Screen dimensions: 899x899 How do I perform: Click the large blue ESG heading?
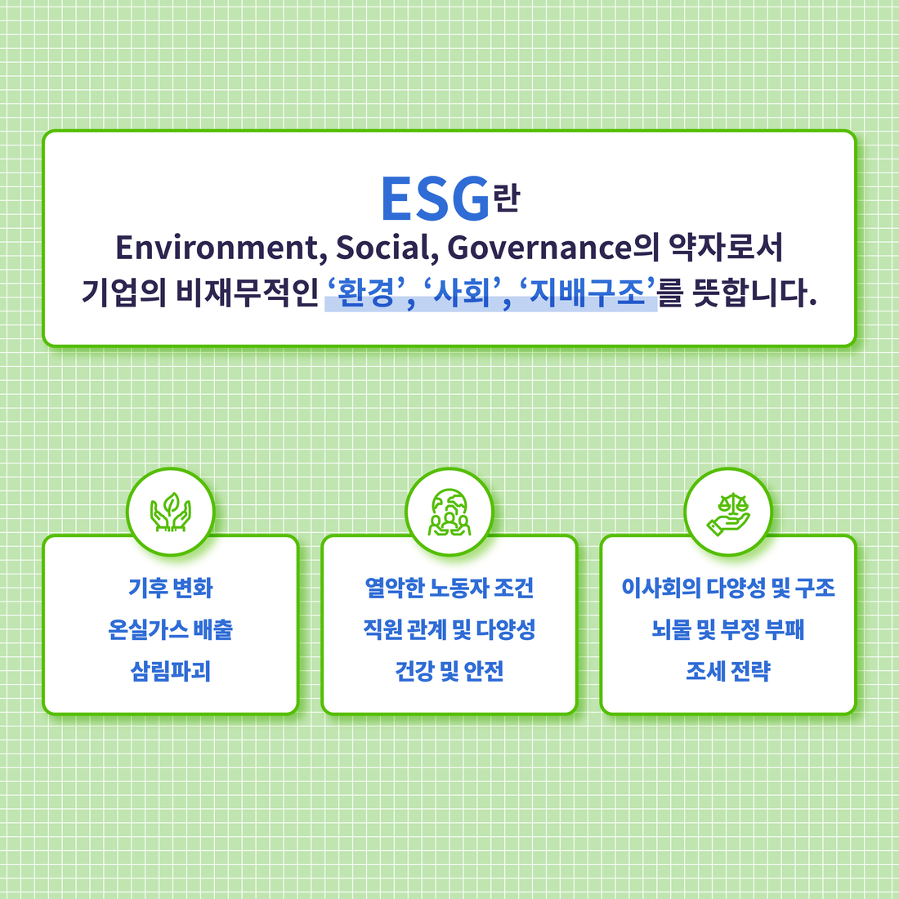pos(435,199)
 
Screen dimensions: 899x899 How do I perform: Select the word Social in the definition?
pos(382,248)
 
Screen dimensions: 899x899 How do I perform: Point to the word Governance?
pos(539,248)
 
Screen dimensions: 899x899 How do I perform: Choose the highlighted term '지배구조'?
pos(587,293)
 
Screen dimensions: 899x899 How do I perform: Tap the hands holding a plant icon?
pos(170,512)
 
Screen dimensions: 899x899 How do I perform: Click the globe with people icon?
pos(449,512)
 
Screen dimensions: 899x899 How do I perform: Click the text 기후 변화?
pos(170,588)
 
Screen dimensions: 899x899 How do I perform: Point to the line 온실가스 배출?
pos(170,629)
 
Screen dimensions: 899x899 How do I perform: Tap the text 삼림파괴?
pos(170,671)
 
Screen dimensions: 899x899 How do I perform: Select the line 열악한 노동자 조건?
pos(449,588)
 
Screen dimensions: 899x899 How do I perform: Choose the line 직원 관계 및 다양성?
pos(449,629)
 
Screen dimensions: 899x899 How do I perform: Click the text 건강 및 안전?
pos(449,671)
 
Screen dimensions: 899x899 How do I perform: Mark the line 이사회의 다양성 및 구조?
pos(728,588)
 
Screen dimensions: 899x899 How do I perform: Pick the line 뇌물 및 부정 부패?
pos(728,629)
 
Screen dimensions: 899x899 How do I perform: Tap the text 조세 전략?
pos(728,671)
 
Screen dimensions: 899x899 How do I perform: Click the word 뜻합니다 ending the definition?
pos(754,293)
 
